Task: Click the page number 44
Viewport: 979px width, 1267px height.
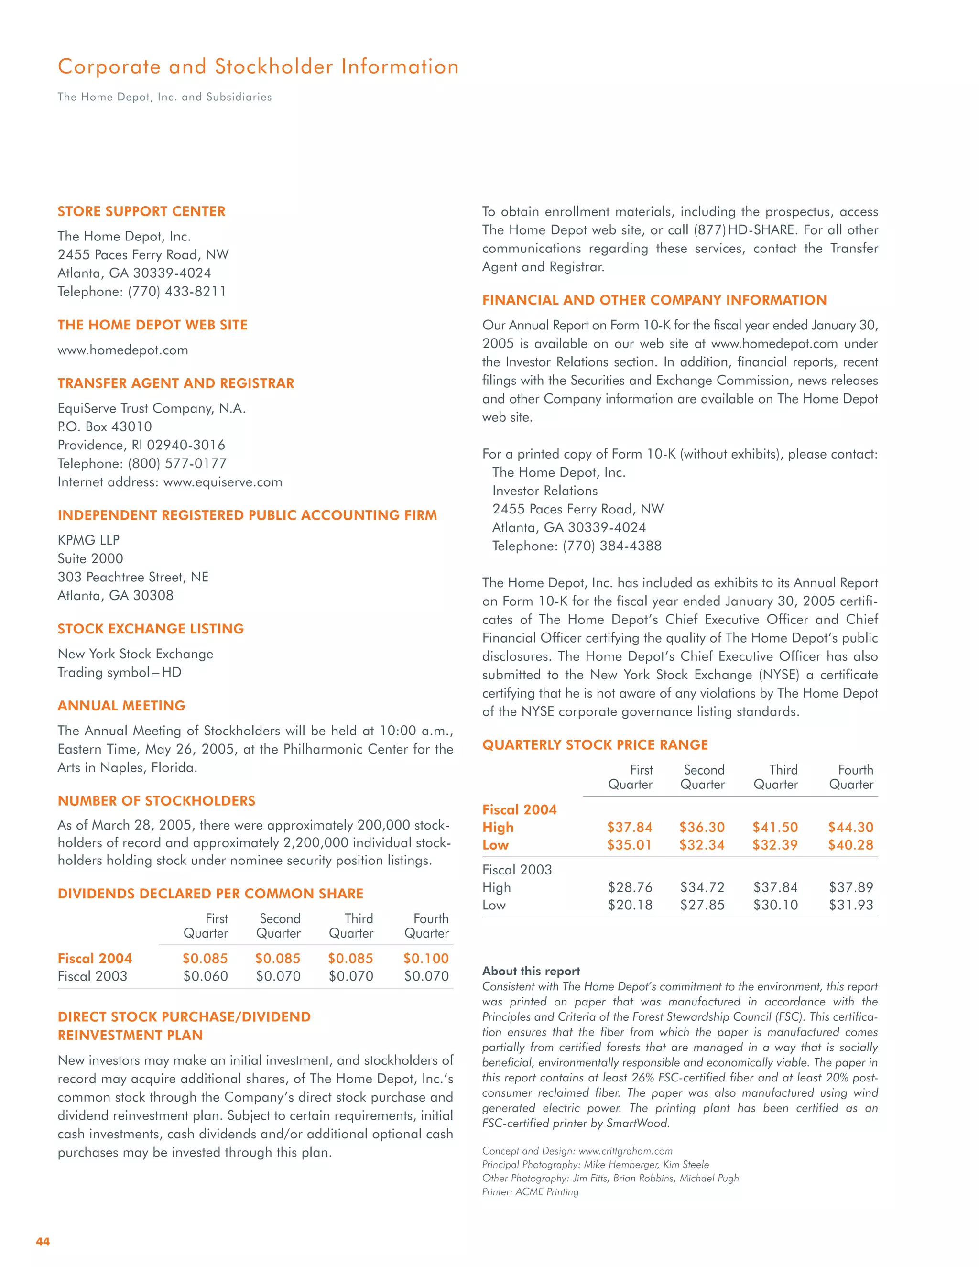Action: tap(43, 1241)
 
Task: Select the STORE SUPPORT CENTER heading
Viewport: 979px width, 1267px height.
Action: tap(141, 211)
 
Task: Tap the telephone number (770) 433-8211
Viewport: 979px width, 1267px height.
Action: tap(177, 291)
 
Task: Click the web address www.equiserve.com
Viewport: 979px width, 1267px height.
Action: tap(223, 482)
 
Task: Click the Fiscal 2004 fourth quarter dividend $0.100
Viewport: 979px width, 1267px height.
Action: tap(426, 958)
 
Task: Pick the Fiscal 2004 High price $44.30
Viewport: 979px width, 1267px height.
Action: tap(850, 827)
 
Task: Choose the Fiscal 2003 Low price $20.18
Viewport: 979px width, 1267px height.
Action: tap(630, 905)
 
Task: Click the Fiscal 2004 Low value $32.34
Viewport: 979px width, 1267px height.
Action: tap(702, 845)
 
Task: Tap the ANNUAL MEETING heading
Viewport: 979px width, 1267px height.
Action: tap(121, 705)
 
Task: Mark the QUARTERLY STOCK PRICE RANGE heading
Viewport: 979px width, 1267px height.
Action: tap(595, 745)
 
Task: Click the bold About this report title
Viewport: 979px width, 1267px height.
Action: tap(531, 971)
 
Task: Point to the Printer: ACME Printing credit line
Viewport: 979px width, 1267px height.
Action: tap(530, 1191)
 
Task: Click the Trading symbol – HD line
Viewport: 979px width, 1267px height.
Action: tap(120, 672)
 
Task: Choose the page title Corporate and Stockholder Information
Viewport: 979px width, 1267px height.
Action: tap(258, 67)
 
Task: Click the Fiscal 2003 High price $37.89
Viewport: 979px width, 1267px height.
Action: tap(850, 887)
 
